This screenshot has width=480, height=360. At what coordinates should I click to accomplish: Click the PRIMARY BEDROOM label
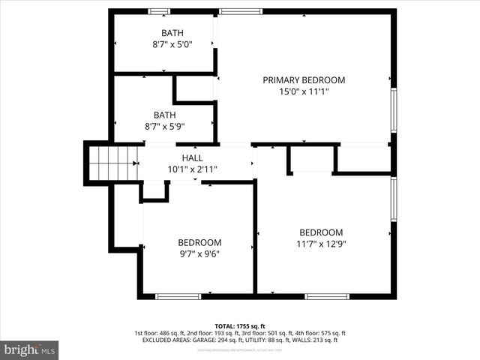click(x=303, y=80)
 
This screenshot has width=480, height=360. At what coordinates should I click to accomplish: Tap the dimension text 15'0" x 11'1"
click(x=303, y=91)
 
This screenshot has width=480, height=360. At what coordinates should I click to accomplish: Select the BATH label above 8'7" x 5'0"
click(x=172, y=33)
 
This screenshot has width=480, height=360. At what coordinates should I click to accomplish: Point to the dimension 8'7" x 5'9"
click(x=164, y=127)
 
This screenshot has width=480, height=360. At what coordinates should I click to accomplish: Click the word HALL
click(x=192, y=158)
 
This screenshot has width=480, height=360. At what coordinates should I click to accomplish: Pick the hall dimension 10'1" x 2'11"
click(x=192, y=169)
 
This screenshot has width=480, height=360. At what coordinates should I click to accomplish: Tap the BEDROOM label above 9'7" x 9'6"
click(x=199, y=242)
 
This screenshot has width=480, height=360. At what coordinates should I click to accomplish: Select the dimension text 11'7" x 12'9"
click(x=321, y=244)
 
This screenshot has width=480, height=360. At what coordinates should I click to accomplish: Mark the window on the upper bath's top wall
click(x=159, y=11)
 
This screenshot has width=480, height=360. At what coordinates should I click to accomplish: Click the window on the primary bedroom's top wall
click(x=241, y=11)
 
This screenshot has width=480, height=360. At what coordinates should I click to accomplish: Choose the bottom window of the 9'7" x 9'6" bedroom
click(x=178, y=296)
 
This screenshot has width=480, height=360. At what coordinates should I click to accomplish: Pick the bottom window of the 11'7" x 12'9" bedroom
click(x=327, y=296)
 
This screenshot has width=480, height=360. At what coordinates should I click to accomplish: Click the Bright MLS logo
click(x=30, y=349)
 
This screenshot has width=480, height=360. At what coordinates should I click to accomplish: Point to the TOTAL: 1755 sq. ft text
click(x=240, y=326)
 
